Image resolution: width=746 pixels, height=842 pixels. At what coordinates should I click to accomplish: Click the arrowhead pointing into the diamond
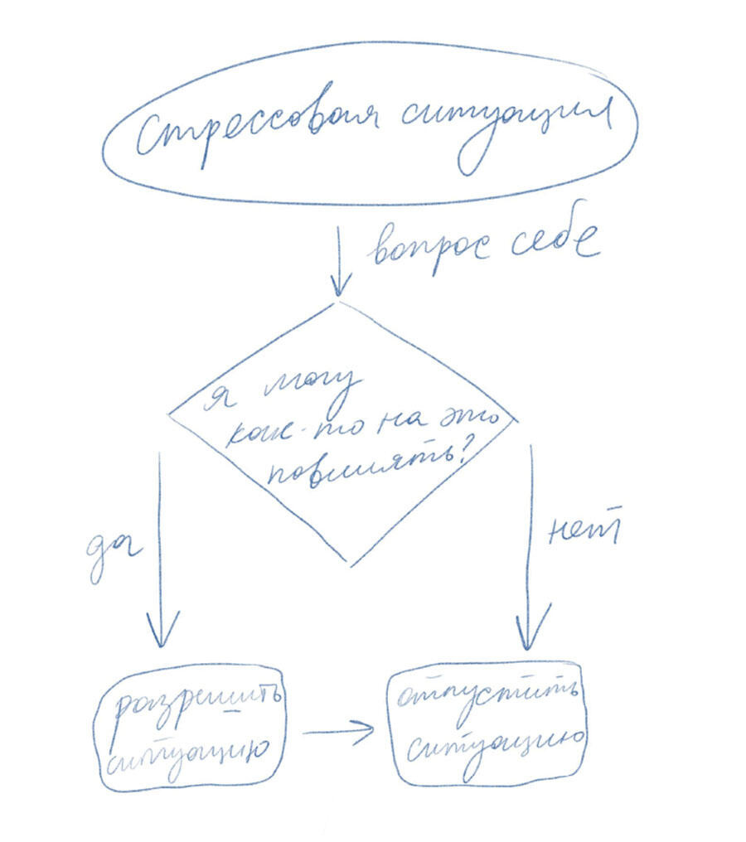pyautogui.click(x=337, y=286)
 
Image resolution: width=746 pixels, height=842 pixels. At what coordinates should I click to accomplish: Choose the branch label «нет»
pyautogui.click(x=584, y=530)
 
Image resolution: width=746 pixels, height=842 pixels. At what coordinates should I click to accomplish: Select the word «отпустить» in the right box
pyautogui.click(x=487, y=691)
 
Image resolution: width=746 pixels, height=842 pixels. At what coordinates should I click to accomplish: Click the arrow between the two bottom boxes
pyautogui.click(x=340, y=730)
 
